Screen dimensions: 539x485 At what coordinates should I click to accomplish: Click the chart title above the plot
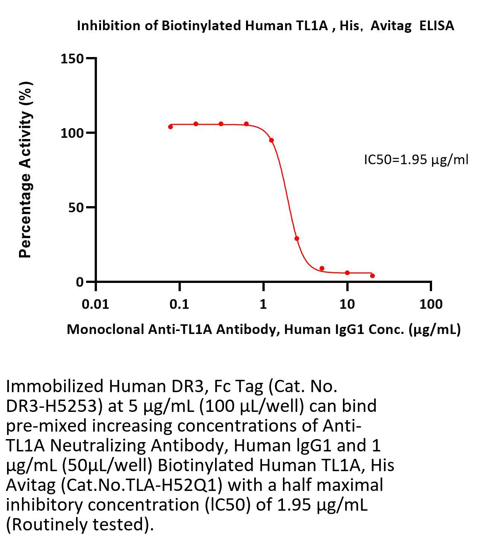(x=265, y=25)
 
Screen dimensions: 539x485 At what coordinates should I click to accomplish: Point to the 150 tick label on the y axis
(x=72, y=59)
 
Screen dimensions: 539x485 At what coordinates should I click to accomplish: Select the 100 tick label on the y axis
(x=72, y=133)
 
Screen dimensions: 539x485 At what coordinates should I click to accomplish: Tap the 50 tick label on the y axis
(x=76, y=208)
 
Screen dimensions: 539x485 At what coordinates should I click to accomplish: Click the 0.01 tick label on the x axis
(x=95, y=305)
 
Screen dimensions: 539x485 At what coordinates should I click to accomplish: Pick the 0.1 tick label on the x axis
(x=179, y=305)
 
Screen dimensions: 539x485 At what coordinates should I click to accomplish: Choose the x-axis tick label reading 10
(x=347, y=305)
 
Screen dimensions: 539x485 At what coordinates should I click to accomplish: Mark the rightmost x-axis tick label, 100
(x=431, y=305)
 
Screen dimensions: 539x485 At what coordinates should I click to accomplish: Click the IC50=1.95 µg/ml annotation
(x=416, y=160)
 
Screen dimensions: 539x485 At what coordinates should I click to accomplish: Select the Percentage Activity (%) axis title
(x=25, y=170)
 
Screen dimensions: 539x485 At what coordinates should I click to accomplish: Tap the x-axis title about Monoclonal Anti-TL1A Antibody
(x=264, y=329)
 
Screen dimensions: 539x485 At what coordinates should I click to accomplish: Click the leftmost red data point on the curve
(x=170, y=127)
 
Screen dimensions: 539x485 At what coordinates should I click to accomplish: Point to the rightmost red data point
(x=372, y=275)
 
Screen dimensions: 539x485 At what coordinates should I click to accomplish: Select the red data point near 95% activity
(x=271, y=140)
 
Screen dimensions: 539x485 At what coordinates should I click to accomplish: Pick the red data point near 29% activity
(x=297, y=239)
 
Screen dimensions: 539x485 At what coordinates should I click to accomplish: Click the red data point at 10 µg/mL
(x=347, y=273)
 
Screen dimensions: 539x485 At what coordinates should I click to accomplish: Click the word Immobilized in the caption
(x=54, y=386)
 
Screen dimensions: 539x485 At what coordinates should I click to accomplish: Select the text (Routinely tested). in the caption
(x=80, y=524)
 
